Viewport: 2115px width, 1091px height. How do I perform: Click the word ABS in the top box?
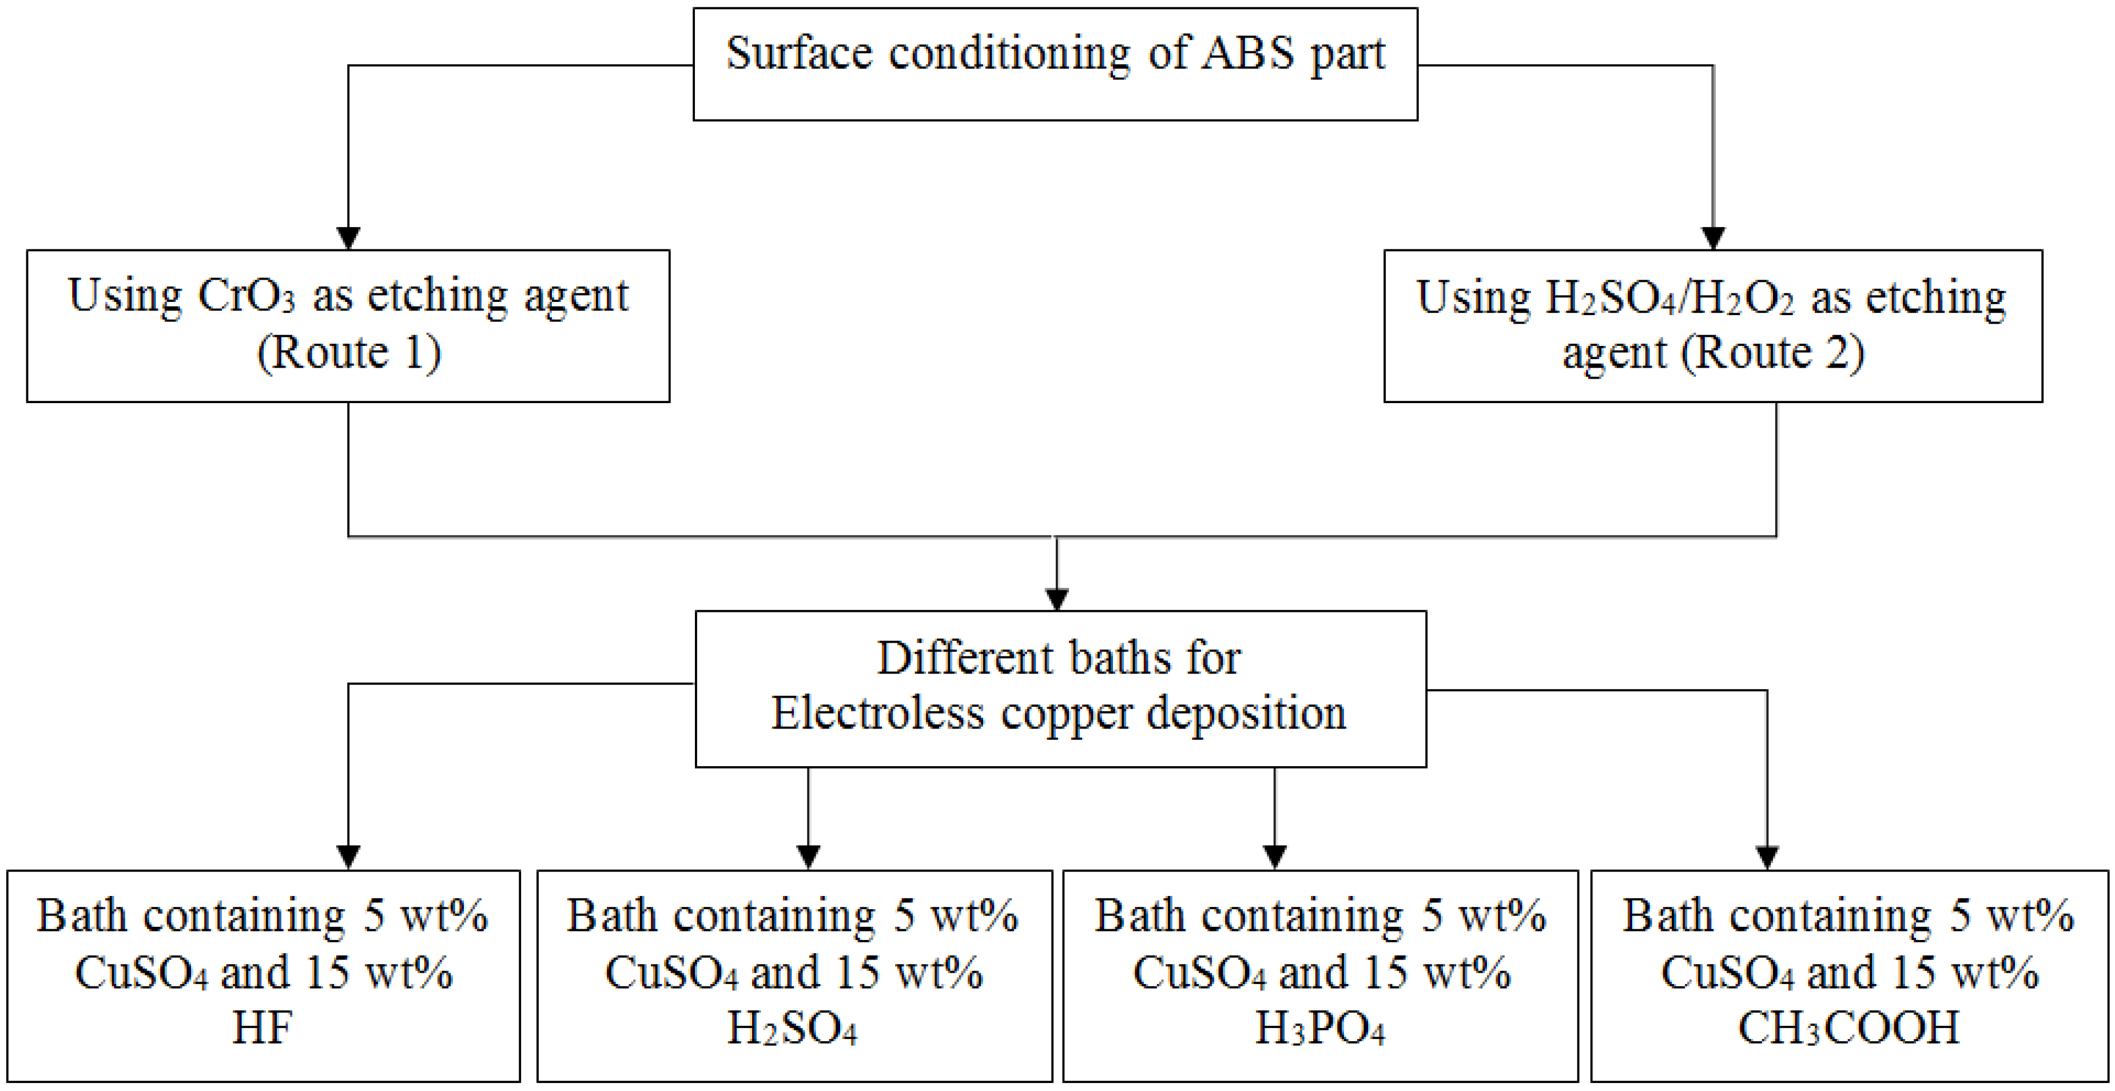1248,54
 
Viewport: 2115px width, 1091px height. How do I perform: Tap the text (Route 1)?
349,353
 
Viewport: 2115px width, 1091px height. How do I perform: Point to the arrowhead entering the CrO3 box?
349,238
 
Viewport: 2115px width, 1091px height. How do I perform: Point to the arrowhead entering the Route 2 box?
1713,238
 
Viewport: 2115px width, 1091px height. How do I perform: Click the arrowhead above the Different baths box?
1057,599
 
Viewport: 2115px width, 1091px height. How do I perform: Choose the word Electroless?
877,712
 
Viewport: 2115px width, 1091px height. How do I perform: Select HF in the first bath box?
263,1028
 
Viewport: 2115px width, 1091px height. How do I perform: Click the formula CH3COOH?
1849,1028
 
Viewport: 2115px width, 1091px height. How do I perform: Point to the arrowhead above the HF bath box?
349,857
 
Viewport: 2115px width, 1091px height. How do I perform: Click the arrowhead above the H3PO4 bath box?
1274,857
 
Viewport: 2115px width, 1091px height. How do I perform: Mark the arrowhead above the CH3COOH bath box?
1767,857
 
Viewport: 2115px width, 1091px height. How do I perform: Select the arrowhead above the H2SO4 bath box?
809,857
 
